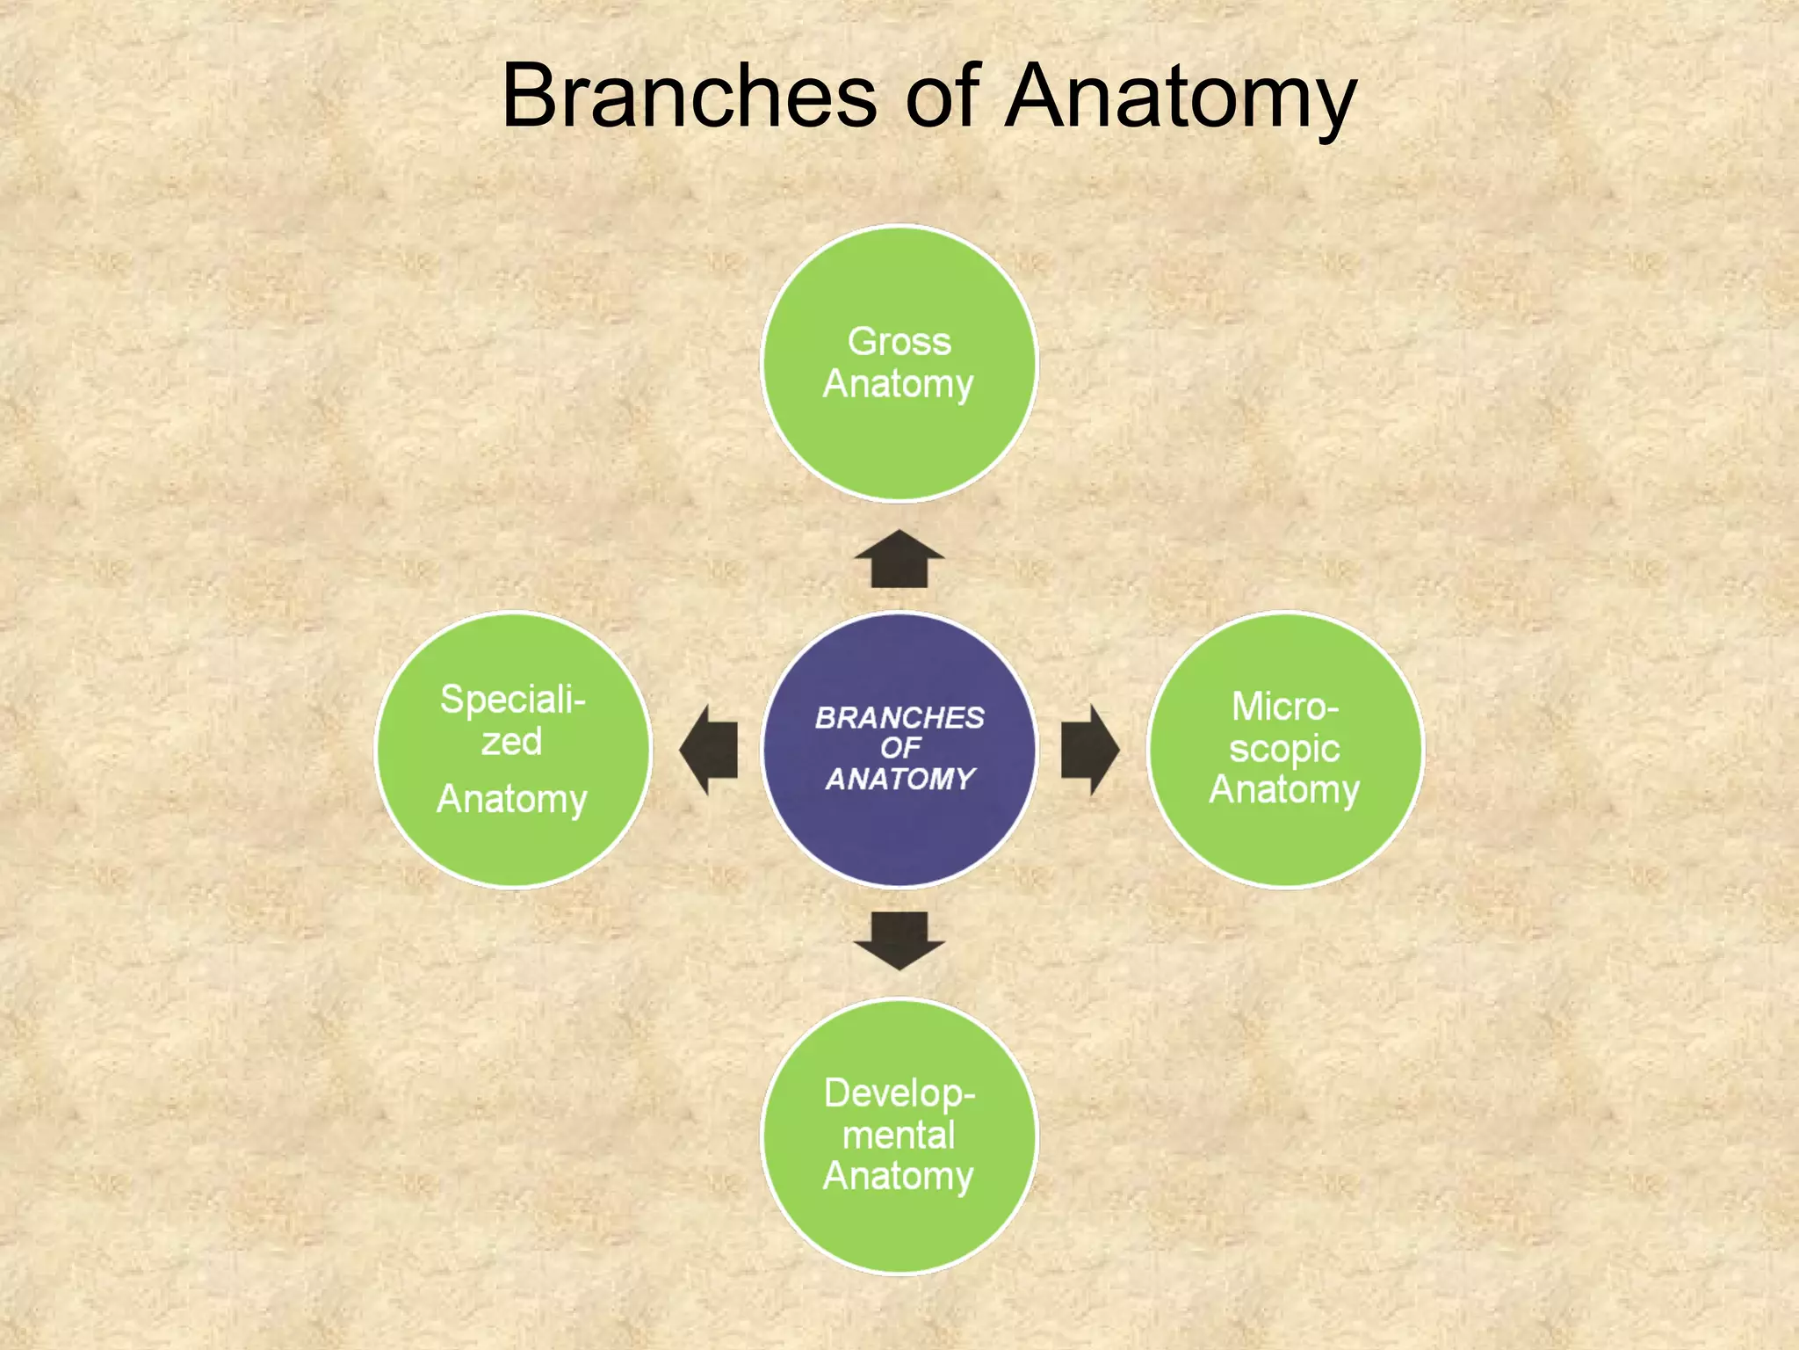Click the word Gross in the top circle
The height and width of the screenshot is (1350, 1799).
(x=899, y=341)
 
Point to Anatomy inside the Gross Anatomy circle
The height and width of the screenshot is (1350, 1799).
(x=898, y=385)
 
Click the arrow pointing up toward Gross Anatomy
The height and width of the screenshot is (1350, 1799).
(x=899, y=561)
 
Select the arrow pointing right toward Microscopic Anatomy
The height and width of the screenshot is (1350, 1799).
(x=1089, y=750)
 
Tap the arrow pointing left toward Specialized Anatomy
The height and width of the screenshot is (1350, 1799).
(x=710, y=750)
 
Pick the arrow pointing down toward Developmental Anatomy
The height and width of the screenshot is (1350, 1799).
(x=899, y=940)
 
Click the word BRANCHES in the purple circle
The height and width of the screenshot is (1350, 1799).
(x=899, y=718)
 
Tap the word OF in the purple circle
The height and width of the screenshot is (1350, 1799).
(x=900, y=748)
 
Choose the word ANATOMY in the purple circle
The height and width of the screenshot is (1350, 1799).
(x=900, y=779)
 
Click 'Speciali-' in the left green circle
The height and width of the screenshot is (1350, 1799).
(x=512, y=700)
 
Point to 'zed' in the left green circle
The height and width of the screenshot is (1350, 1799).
(x=511, y=742)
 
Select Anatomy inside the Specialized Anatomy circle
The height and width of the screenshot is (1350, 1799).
(x=511, y=800)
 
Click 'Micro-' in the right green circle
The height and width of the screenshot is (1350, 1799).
(x=1284, y=707)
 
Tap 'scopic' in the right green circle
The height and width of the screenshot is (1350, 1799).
(x=1284, y=749)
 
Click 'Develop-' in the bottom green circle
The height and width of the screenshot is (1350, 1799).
(x=899, y=1093)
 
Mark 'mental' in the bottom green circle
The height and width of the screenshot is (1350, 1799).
(x=898, y=1135)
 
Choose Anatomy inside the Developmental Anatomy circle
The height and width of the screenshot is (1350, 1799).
(x=898, y=1177)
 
